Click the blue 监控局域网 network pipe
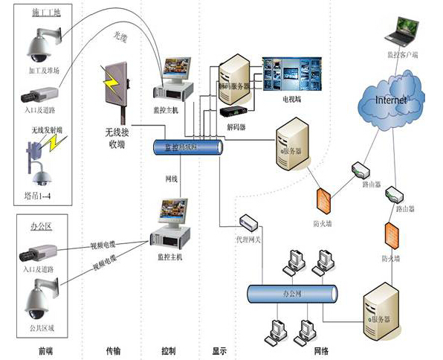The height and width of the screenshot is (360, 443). [x=185, y=148]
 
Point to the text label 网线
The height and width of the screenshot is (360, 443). [x=171, y=179]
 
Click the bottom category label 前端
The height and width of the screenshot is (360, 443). [x=44, y=350]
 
